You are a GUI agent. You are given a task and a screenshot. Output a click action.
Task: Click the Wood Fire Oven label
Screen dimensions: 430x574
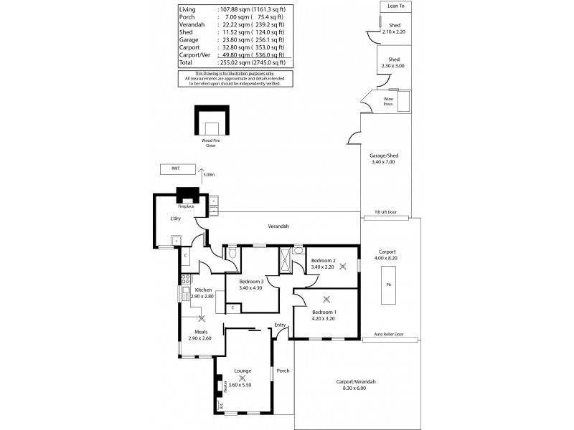pos(211,143)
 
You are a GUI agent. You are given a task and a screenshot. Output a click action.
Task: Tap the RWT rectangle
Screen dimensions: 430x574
pos(175,169)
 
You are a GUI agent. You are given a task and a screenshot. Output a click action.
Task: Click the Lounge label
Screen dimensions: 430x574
pos(243,371)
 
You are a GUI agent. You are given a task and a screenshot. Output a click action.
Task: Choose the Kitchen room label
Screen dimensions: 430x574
pos(203,290)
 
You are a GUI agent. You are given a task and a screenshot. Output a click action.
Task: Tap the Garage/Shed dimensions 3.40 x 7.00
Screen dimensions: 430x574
pos(382,162)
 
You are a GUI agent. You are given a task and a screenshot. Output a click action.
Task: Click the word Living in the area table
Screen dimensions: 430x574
pos(187,9)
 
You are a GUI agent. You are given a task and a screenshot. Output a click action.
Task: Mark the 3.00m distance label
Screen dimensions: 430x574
pos(209,174)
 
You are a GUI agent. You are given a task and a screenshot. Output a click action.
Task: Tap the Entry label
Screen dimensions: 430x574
pos(280,325)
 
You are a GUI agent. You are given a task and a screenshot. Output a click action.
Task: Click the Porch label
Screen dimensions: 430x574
pos(283,371)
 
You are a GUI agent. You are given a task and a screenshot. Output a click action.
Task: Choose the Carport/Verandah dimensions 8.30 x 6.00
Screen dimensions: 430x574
pos(356,388)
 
